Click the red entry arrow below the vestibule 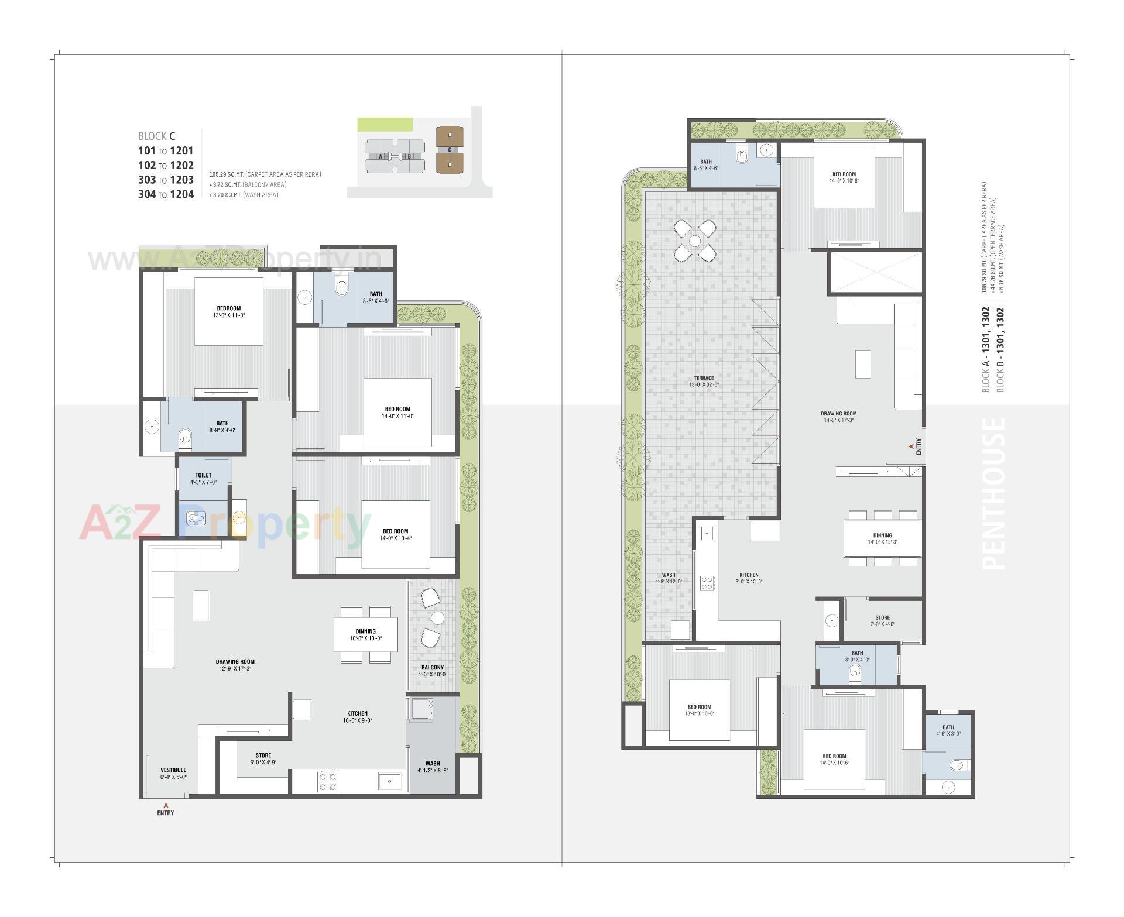click(x=166, y=805)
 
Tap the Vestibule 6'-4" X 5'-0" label click(x=173, y=773)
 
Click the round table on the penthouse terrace click(x=694, y=240)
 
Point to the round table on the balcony click(x=438, y=617)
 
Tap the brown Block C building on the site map click(x=449, y=150)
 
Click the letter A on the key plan click(x=381, y=156)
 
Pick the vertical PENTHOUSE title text click(x=993, y=493)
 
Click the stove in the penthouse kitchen click(x=707, y=583)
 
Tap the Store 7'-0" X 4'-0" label click(x=882, y=620)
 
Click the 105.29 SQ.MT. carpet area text click(x=265, y=174)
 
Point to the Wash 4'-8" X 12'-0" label click(x=668, y=578)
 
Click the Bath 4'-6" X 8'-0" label click(x=948, y=730)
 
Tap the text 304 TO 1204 click(x=166, y=194)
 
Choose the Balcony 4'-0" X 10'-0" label click(x=432, y=671)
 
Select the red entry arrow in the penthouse click(x=910, y=447)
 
